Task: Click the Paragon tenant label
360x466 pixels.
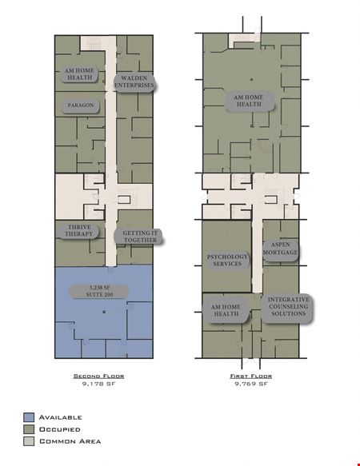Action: click(81, 106)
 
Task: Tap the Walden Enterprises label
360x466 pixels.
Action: click(134, 82)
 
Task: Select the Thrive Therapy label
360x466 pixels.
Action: click(79, 231)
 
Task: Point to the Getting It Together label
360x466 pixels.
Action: click(140, 237)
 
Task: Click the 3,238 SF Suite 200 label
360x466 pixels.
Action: click(99, 291)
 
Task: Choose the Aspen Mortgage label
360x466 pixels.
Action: click(280, 249)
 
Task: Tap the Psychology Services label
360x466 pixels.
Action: click(227, 260)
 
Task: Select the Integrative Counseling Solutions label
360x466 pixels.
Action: click(288, 306)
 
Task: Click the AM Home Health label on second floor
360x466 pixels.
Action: click(79, 74)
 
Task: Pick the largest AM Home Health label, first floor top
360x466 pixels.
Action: click(249, 101)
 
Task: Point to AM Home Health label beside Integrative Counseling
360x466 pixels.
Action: click(226, 310)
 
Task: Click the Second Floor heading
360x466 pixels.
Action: click(98, 376)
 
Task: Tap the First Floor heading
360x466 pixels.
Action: click(251, 376)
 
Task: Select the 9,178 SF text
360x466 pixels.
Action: click(98, 384)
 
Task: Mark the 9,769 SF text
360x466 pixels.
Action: click(251, 384)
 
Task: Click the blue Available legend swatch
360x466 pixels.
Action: click(29, 417)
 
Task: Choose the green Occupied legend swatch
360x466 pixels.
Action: click(29, 429)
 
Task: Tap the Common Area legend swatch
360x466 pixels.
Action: click(29, 441)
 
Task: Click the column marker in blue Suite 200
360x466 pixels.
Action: click(104, 312)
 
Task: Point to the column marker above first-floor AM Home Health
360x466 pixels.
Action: click(252, 80)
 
